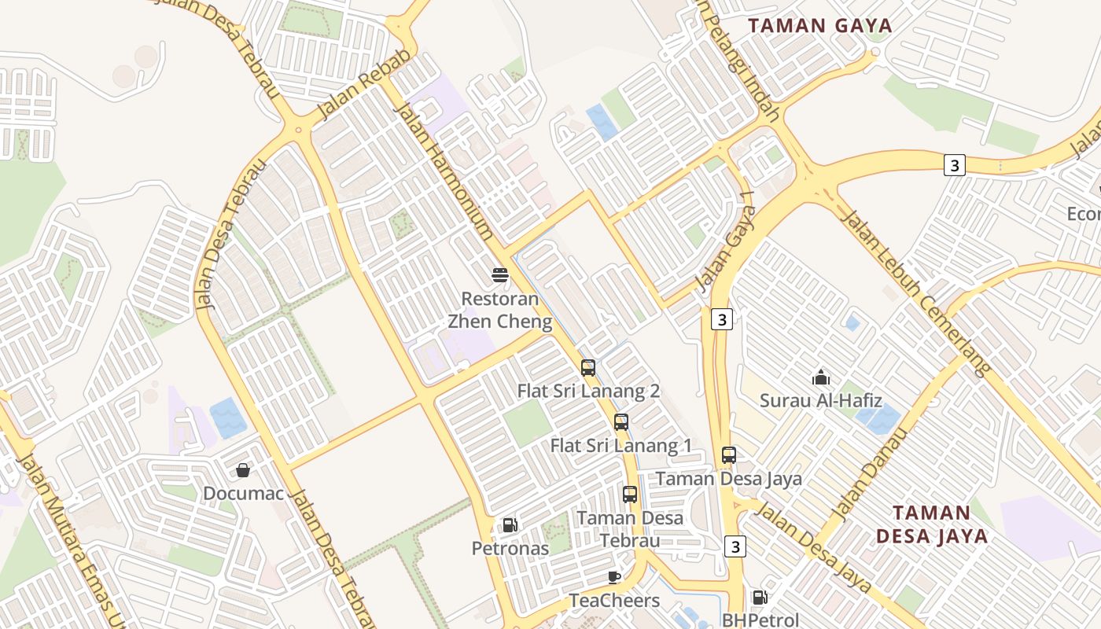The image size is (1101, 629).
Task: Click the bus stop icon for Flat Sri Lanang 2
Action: [x=587, y=367]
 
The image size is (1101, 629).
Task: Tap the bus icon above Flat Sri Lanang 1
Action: [x=621, y=422]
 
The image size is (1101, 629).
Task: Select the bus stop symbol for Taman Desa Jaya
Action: [x=729, y=455]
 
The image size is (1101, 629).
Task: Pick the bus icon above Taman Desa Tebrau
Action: [x=630, y=495]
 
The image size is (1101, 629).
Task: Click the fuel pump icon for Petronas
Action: [x=510, y=524]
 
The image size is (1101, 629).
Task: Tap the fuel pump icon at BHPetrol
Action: [x=760, y=598]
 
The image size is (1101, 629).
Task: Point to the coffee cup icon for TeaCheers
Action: [x=614, y=578]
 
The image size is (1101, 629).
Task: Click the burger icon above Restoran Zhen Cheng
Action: [x=500, y=275]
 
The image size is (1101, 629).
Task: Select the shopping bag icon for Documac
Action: [x=243, y=470]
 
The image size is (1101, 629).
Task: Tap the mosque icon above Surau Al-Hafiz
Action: [x=820, y=377]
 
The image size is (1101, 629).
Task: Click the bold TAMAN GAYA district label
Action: [x=820, y=26]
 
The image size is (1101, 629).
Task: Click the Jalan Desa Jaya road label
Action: [x=814, y=547]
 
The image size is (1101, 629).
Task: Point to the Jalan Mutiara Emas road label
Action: [x=72, y=543]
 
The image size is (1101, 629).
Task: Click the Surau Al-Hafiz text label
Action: [x=820, y=401]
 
